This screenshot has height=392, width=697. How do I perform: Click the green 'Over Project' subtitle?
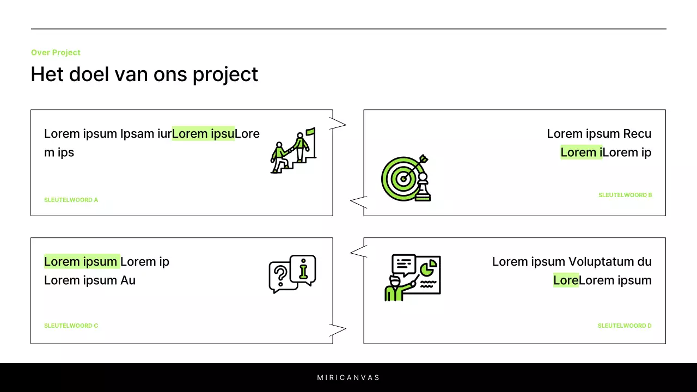coord(56,52)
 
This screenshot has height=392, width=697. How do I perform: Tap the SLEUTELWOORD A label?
coord(71,200)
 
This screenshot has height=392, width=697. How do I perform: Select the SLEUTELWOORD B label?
coord(625,195)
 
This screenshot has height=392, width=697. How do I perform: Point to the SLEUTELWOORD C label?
coord(71,326)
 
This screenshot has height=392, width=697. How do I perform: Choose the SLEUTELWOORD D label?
coord(624,326)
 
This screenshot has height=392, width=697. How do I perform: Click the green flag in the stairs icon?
coord(310,132)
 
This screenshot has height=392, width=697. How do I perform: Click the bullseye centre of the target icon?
coord(403,178)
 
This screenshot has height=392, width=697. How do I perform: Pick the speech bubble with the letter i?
coord(303,268)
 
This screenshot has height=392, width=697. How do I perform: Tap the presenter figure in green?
coord(394,289)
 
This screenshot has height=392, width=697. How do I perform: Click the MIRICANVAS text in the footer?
coord(348,377)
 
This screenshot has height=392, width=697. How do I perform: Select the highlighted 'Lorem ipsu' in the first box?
coord(203,133)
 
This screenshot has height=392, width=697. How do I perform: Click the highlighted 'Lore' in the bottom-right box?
coord(565,280)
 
